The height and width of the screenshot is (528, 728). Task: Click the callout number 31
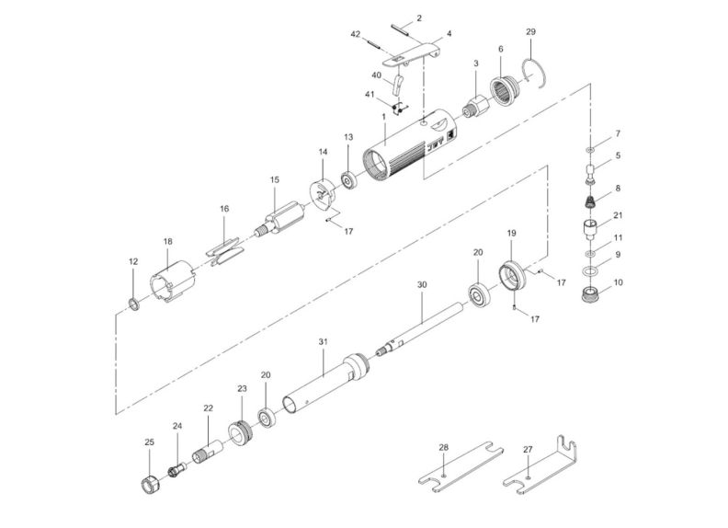(323, 341)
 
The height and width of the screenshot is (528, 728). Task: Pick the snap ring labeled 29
(536, 72)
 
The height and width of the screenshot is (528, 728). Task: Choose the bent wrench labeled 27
(543, 468)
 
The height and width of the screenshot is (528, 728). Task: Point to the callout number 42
(355, 33)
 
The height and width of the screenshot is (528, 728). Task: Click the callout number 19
(512, 235)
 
